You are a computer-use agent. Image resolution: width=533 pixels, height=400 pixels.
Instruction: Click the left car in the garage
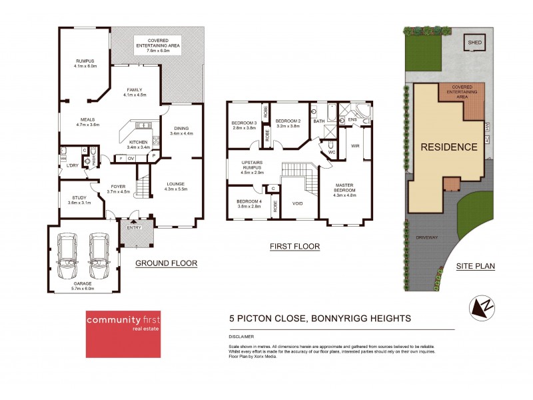(x=67, y=257)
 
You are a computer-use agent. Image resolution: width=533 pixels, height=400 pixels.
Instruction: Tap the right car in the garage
(x=99, y=257)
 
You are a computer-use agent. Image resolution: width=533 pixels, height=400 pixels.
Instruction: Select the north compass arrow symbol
(x=484, y=307)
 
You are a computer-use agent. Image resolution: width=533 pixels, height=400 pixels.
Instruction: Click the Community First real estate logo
(x=127, y=333)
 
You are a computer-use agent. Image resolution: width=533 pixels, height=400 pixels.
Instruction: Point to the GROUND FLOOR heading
(x=166, y=263)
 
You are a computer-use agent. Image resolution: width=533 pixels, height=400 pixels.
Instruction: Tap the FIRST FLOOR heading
(x=294, y=247)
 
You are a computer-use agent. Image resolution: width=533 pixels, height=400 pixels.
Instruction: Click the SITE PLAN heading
(x=475, y=266)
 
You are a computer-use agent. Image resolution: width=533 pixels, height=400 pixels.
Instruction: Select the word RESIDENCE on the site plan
(x=448, y=147)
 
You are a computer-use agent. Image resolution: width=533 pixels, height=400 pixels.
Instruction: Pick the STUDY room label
(x=79, y=197)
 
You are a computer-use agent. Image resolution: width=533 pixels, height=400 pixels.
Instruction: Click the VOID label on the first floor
(x=297, y=204)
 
